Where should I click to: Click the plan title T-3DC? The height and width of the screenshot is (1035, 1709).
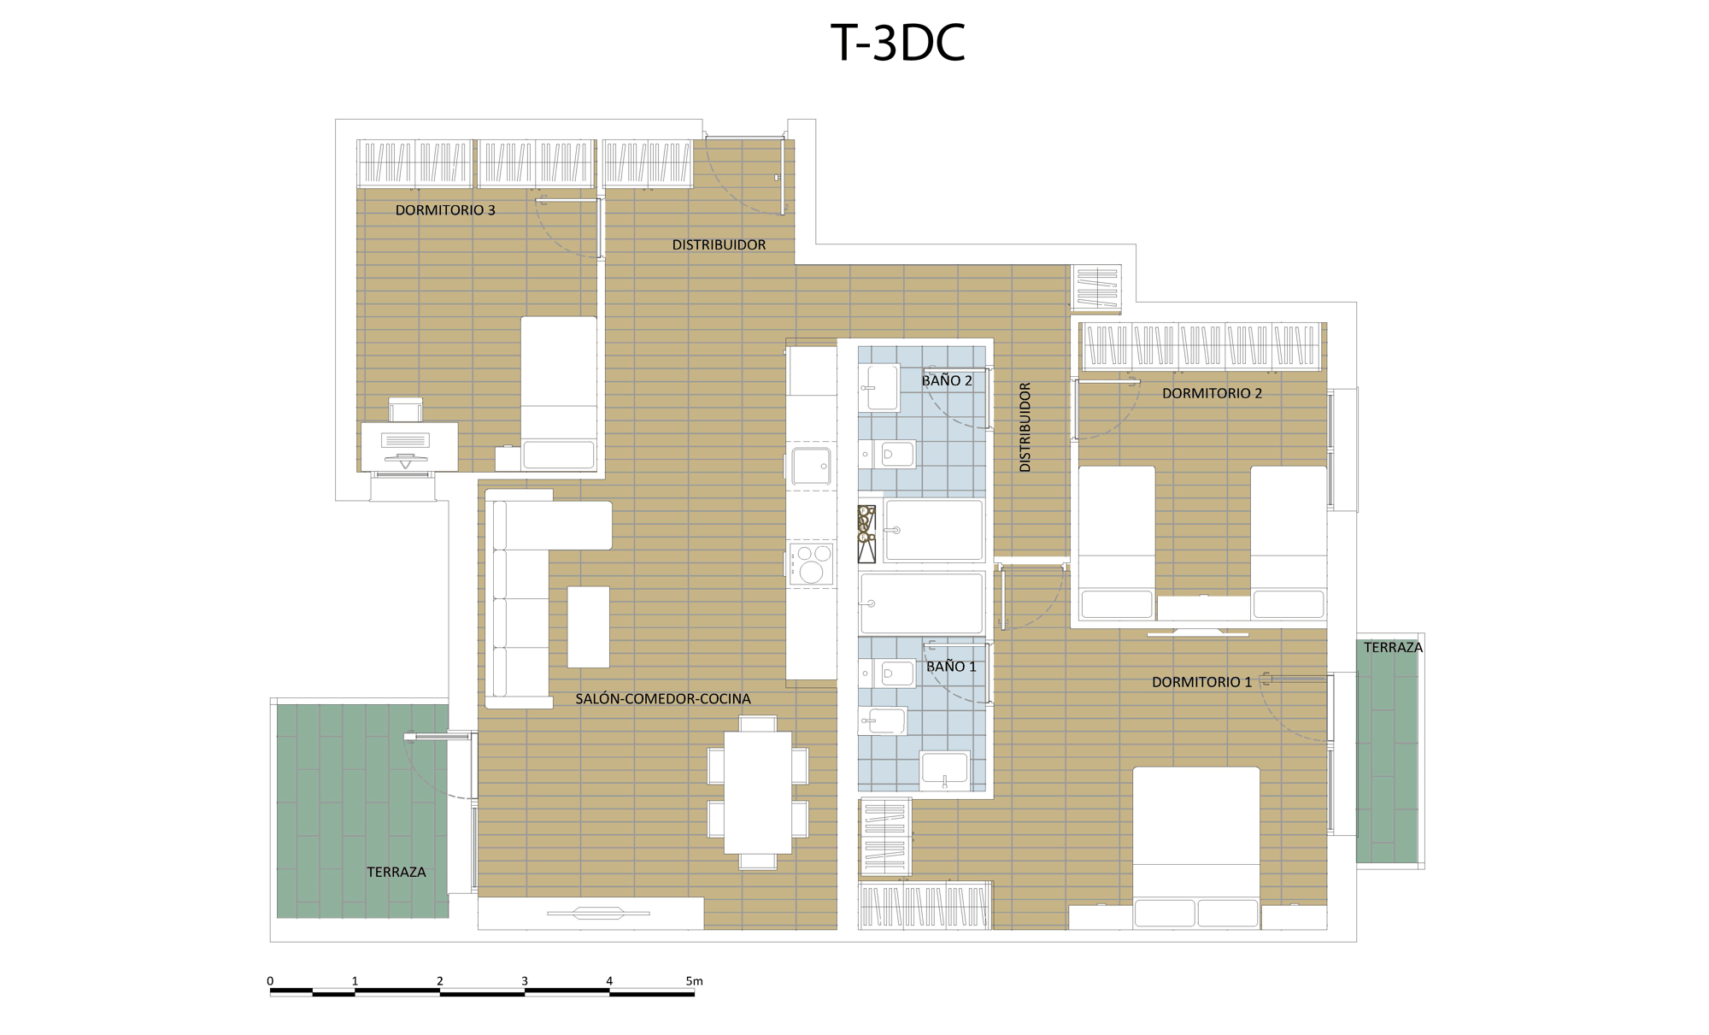pos(898,43)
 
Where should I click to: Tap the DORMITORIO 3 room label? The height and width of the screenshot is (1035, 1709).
pos(445,210)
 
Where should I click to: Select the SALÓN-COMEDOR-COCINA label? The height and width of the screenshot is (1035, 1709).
pos(663,698)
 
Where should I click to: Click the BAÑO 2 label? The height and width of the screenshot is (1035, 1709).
pos(947,380)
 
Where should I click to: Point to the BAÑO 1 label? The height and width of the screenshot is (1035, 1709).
pos(951,666)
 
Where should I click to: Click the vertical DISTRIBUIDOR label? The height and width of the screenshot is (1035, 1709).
pos(1025,427)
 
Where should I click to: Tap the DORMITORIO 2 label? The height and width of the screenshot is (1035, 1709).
pos(1212,393)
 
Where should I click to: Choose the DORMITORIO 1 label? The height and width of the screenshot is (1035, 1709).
pos(1201,682)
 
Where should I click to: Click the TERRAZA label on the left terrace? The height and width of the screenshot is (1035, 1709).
pos(396,872)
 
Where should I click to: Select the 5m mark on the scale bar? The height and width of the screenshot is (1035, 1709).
pos(694,981)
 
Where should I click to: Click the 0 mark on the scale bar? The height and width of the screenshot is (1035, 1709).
pos(270,981)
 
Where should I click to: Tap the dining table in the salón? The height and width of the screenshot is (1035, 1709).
pos(758,792)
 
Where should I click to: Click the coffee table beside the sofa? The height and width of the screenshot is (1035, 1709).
pos(589,626)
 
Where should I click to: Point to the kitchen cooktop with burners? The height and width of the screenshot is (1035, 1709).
pos(811,564)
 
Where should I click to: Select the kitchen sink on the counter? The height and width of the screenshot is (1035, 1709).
pos(811,466)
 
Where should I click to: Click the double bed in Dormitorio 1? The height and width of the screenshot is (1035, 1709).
pos(1196,848)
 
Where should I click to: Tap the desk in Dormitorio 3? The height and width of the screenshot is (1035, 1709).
pos(409,446)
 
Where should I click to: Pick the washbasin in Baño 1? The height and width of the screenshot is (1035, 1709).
pos(944,768)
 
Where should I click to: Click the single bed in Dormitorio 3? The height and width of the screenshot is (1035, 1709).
pos(559,393)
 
